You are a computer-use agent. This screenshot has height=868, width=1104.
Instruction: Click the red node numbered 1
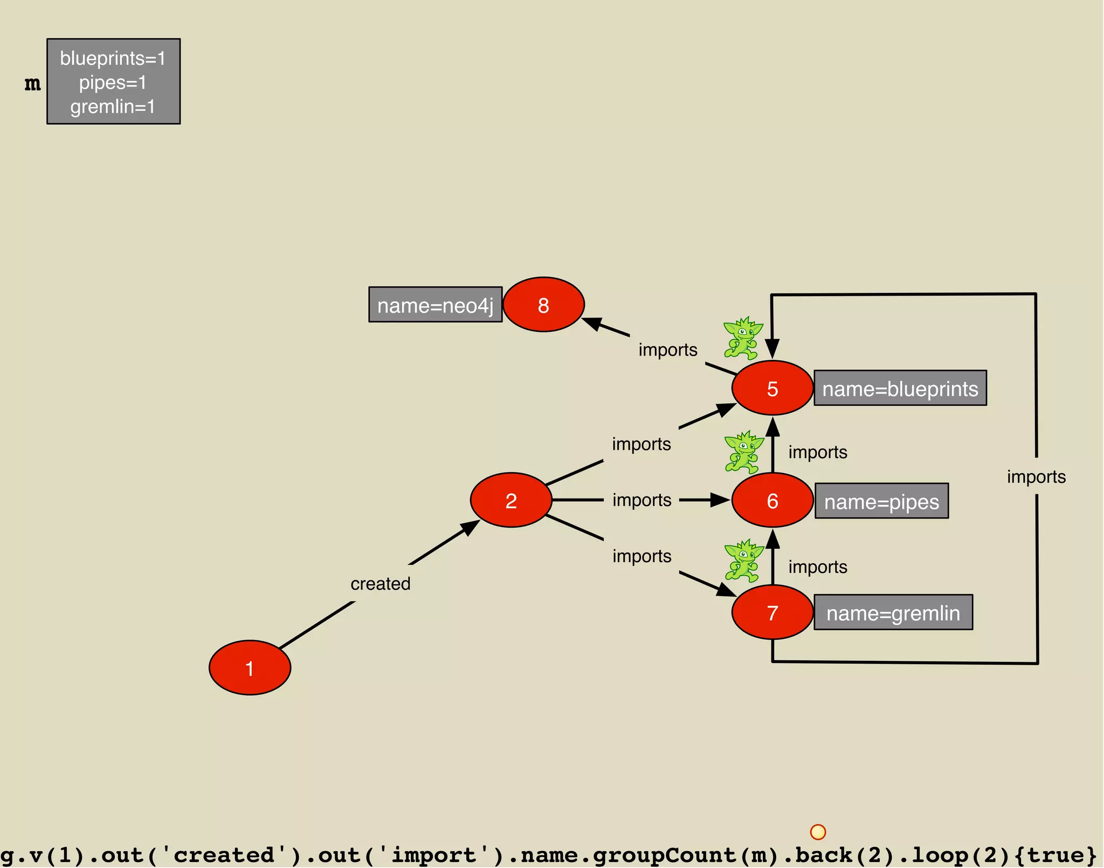(250, 668)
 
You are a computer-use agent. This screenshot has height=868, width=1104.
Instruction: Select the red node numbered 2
(511, 500)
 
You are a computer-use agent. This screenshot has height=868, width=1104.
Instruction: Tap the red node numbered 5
(772, 388)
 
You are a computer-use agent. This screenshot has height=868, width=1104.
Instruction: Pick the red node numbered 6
(772, 500)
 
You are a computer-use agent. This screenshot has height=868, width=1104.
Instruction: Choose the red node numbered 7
(772, 612)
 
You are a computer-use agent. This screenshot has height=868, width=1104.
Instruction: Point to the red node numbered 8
(543, 305)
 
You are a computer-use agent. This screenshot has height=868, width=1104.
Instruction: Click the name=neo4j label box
(435, 305)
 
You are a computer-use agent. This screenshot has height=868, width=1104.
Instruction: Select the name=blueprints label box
(900, 388)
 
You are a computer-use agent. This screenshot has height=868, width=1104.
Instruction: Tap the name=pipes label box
(881, 501)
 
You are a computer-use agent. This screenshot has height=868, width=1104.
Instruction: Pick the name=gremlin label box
(893, 612)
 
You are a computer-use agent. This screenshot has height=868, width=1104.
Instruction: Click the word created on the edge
(380, 584)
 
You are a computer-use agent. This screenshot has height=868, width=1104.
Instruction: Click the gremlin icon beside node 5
(743, 338)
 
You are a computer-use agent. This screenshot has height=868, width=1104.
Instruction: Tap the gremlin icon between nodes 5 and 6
(743, 452)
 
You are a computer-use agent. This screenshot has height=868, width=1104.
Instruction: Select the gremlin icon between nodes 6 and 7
(743, 561)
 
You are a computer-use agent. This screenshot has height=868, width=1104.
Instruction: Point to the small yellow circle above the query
(818, 832)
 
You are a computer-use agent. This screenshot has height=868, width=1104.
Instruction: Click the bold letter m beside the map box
(32, 84)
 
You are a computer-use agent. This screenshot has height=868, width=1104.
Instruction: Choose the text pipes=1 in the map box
(113, 83)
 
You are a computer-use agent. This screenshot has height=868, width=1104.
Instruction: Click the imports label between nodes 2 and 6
(641, 500)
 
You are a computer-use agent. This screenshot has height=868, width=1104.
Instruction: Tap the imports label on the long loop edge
(1036, 477)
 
